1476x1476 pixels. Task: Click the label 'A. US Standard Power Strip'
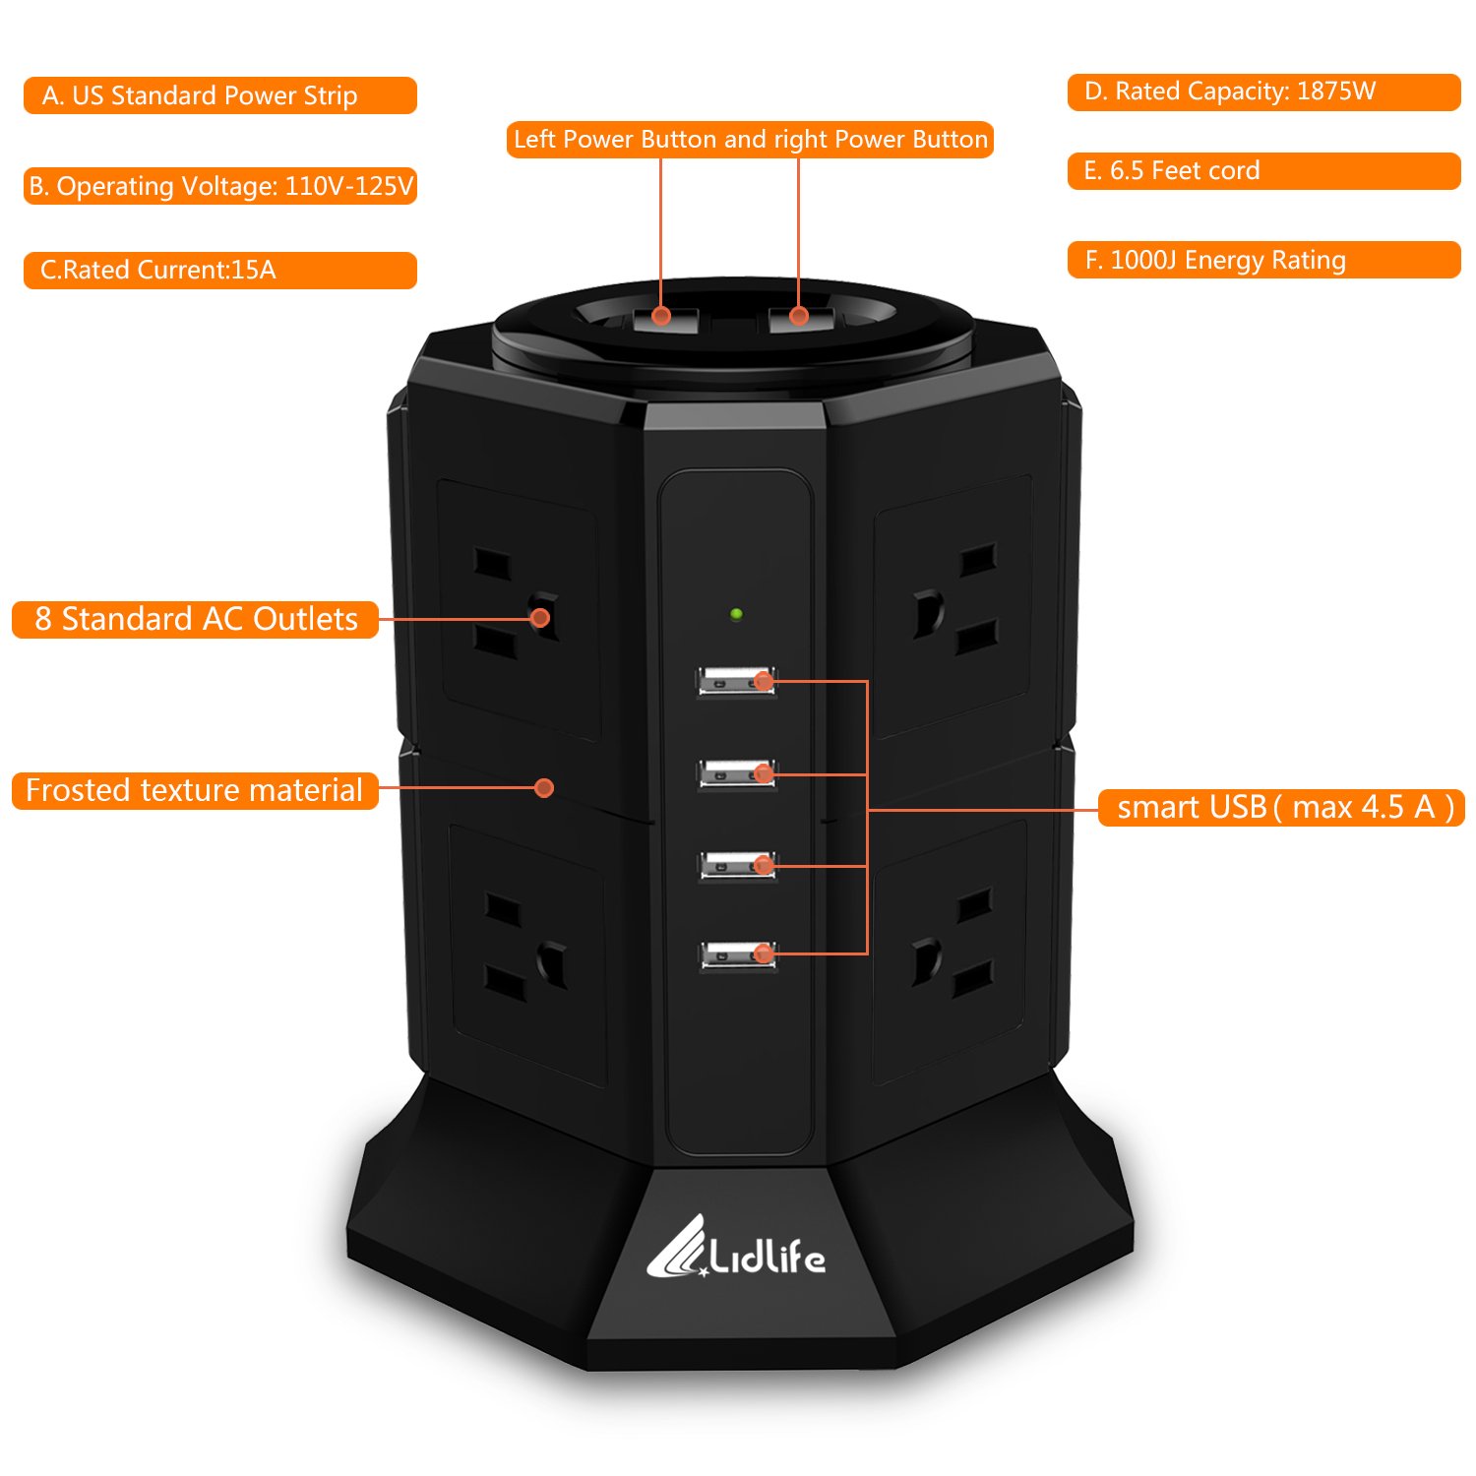[x=220, y=95]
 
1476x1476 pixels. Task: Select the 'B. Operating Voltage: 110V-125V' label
[x=220, y=186]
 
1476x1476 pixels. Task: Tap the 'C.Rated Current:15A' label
[x=220, y=271]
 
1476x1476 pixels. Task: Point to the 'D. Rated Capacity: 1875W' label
[x=1264, y=92]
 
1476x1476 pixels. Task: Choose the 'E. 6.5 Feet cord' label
[x=1264, y=171]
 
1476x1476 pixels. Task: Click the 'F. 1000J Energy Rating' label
[x=1264, y=260]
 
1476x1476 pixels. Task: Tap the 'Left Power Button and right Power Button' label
[x=750, y=139]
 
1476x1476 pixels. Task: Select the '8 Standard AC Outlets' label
[x=195, y=619]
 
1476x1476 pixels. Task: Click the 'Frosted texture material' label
[x=195, y=790]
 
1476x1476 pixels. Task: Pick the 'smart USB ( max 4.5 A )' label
[x=1281, y=807]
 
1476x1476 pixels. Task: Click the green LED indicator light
[x=736, y=614]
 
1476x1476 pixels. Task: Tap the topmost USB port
[x=736, y=681]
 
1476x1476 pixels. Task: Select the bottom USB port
[x=738, y=954]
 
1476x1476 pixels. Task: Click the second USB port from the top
[x=737, y=773]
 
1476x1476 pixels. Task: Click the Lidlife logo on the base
[x=736, y=1248]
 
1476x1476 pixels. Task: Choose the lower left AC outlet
[x=527, y=953]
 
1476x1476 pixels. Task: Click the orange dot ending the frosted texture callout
[x=544, y=787]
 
